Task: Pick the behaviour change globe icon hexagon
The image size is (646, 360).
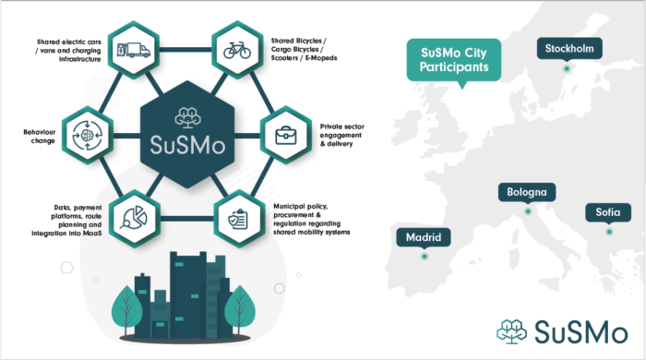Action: click(82, 134)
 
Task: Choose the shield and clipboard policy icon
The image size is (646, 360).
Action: click(237, 219)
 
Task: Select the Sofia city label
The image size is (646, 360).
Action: click(607, 213)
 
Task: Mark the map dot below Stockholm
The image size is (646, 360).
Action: click(568, 67)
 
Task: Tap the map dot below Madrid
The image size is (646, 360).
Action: click(424, 256)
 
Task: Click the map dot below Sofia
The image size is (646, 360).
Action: click(609, 231)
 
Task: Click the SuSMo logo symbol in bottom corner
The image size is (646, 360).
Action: click(510, 330)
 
